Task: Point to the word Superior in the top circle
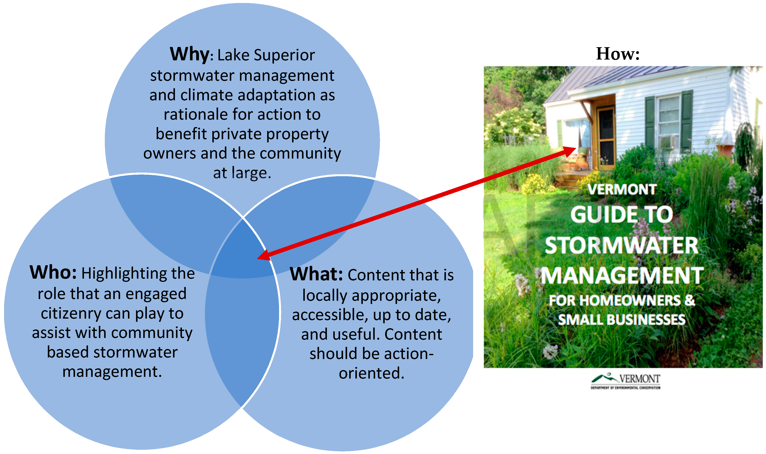point(284,55)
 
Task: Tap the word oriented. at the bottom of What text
point(371,373)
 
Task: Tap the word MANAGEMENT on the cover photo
point(622,276)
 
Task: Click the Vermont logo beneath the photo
point(625,381)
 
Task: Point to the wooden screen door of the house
point(606,138)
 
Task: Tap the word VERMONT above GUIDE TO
point(622,189)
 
